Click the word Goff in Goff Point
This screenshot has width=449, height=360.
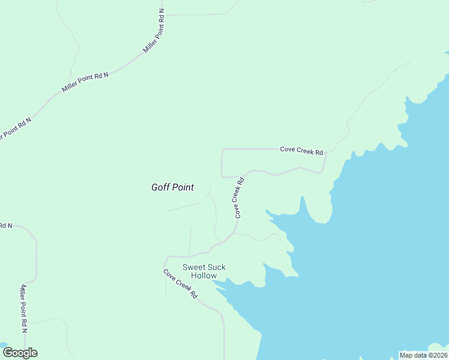point(161,187)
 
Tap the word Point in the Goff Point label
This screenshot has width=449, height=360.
point(182,187)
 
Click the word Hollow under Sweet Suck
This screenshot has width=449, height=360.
point(203,276)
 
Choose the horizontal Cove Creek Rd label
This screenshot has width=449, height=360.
point(301,150)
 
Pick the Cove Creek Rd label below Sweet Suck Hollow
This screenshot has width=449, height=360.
point(180,284)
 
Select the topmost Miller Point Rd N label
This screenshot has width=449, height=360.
point(154,32)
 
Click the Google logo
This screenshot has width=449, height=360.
point(20,353)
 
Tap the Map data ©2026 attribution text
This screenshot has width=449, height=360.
point(423,355)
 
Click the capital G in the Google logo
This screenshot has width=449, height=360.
point(7,353)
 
